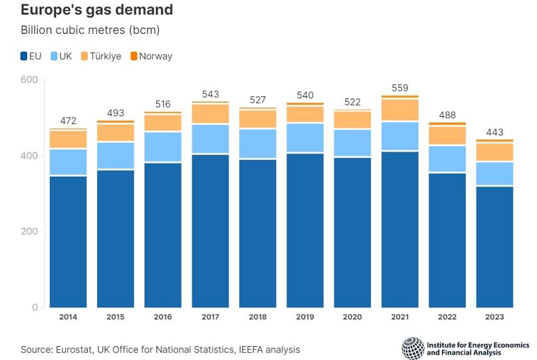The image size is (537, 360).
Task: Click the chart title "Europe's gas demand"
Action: [97, 10]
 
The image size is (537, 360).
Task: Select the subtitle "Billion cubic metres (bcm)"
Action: [90, 31]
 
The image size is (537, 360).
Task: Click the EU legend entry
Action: [31, 56]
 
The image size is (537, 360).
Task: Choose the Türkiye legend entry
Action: [101, 56]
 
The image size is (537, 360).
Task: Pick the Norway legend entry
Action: [151, 56]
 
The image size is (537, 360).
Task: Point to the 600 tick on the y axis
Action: [31, 80]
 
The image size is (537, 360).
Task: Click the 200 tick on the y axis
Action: [31, 232]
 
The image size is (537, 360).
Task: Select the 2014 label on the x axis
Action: [68, 317]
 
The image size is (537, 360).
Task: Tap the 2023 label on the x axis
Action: [494, 317]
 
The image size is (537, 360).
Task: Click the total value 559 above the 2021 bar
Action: [400, 88]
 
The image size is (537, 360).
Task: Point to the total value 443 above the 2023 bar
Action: [494, 132]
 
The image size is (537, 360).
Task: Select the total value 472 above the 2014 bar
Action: [68, 121]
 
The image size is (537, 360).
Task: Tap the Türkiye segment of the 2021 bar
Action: [400, 110]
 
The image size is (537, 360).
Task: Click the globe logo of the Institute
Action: [413, 349]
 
